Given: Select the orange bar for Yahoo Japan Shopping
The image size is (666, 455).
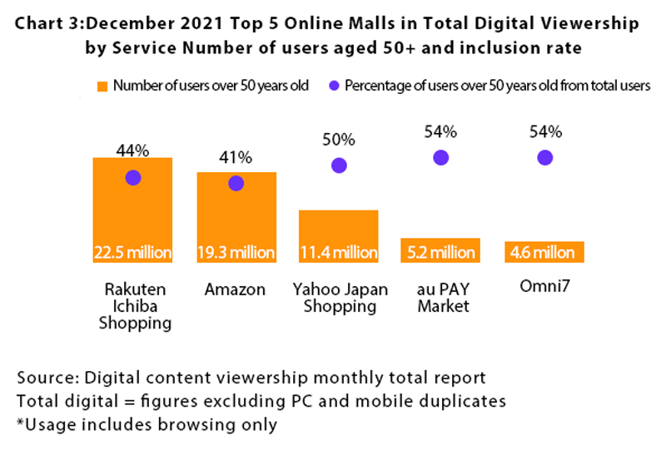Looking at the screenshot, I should tap(339, 235).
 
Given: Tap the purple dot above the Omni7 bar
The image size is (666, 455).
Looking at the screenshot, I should tap(544, 157).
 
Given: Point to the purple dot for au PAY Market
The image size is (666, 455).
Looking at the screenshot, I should tap(441, 157).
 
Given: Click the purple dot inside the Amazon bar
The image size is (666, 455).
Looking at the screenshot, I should tap(236, 183).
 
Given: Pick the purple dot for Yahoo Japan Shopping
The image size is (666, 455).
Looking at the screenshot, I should tap(339, 165).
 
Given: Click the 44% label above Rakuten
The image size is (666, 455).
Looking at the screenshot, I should tap(132, 150).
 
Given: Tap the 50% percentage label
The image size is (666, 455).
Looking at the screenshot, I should tap(339, 139).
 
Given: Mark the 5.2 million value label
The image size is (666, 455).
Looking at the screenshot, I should tap(441, 252).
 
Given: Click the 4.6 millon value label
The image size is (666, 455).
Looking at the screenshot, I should tap(544, 252).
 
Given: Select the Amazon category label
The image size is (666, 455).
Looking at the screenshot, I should tap(236, 290).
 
